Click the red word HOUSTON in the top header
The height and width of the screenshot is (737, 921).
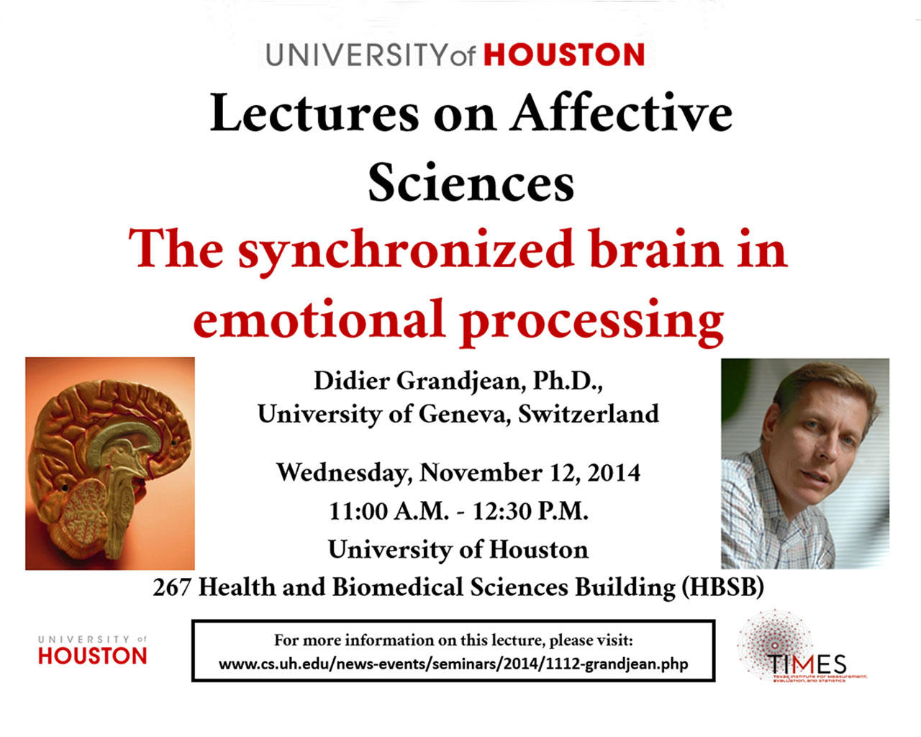[x=564, y=54]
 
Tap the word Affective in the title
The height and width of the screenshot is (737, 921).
[x=621, y=113]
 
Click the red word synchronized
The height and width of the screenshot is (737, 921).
[x=406, y=252]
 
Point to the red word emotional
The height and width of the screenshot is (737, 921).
[x=318, y=320]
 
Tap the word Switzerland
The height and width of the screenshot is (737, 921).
[x=589, y=414]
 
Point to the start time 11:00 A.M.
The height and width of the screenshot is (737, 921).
[x=389, y=511]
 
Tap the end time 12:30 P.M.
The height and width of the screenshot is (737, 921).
[x=531, y=511]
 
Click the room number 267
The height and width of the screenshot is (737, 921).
[x=172, y=587]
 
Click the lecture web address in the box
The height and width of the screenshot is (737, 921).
[x=453, y=664]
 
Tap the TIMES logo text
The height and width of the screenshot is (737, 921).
[x=807, y=664]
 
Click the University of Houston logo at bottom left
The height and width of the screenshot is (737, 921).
[x=92, y=650]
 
